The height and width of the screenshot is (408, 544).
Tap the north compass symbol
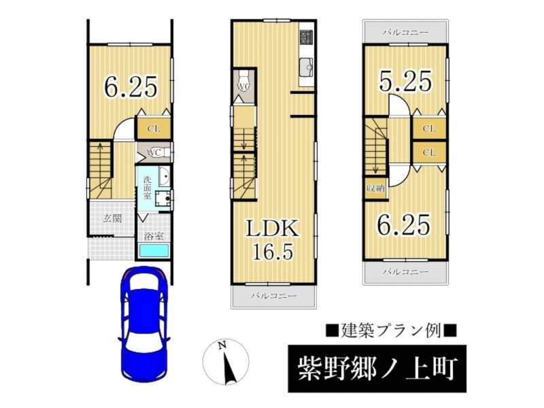(x=226, y=362)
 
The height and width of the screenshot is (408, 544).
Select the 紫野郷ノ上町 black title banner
(x=377, y=369)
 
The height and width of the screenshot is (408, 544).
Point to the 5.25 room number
(x=406, y=81)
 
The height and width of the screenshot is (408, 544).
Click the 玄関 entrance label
(x=112, y=218)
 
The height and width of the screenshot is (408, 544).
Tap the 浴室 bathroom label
(x=154, y=237)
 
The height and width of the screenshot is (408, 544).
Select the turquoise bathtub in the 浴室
(x=154, y=251)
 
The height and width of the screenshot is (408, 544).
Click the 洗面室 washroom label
(x=148, y=188)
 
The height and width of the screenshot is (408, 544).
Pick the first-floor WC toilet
(x=160, y=153)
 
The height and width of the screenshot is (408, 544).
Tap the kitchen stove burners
(x=307, y=37)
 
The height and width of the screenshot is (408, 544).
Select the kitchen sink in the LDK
(x=306, y=66)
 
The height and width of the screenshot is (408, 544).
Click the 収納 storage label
(x=375, y=189)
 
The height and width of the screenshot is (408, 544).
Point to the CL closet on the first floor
(x=154, y=129)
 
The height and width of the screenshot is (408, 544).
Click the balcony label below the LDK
(x=274, y=296)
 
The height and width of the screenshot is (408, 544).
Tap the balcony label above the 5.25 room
(x=405, y=33)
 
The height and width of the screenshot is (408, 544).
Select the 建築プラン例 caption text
(x=392, y=330)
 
